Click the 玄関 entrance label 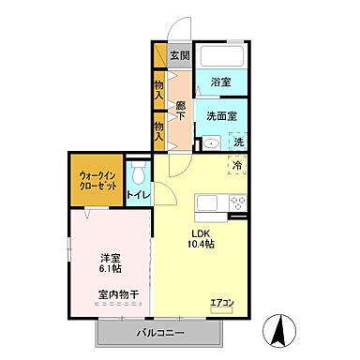180,55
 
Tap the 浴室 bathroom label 221,82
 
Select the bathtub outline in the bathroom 222,54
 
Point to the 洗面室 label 221,115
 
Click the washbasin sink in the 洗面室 211,143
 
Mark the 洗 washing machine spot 238,142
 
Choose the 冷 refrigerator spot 238,165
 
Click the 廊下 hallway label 179,97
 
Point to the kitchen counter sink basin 207,203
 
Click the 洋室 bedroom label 112,256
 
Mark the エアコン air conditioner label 222,301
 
